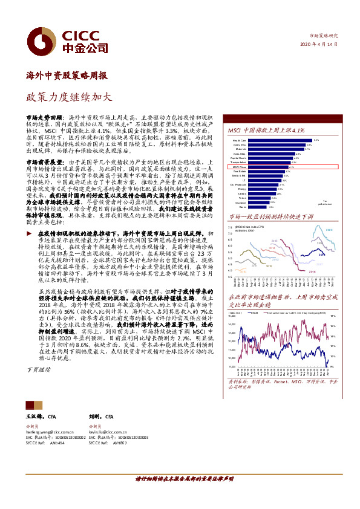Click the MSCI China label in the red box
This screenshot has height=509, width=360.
click(239, 167)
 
